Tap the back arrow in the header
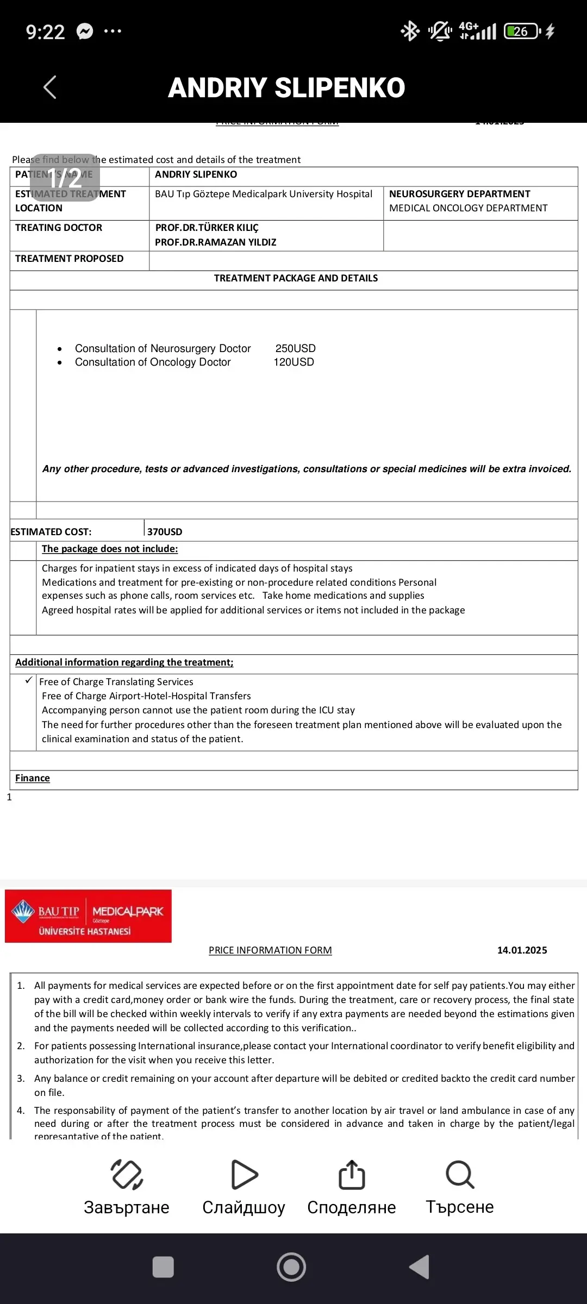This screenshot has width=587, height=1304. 49,87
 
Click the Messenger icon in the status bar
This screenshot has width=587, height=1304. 85,32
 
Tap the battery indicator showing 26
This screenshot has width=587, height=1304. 522,32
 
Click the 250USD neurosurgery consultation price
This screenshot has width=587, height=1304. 295,348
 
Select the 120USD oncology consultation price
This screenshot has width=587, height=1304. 293,362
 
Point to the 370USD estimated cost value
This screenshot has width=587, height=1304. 165,531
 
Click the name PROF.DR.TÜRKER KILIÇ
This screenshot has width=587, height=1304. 207,228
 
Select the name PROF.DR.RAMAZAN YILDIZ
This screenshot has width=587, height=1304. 215,242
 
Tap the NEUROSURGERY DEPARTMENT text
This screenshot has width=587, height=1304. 459,194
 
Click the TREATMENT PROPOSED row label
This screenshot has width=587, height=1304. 69,259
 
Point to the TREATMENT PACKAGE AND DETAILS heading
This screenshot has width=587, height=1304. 296,278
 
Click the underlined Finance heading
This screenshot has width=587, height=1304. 33,778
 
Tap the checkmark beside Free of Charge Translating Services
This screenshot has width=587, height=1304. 29,680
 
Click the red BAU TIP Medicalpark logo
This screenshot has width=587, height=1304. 88,916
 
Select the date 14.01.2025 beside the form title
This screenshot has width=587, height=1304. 522,950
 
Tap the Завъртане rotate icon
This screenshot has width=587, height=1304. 127,1175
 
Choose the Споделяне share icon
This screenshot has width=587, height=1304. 352,1175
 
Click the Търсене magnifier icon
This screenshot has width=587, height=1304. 460,1175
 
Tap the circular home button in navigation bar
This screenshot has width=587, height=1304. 291,1267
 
